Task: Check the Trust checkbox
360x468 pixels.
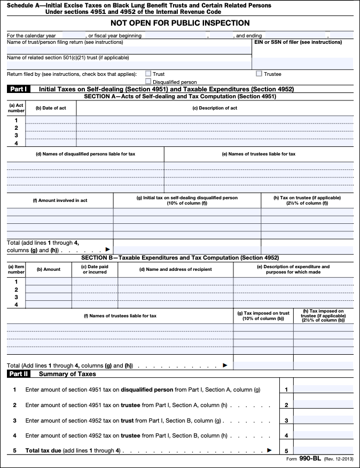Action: click(x=148, y=74)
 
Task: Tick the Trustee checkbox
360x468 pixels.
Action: click(x=259, y=74)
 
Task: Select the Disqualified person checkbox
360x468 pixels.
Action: click(x=148, y=82)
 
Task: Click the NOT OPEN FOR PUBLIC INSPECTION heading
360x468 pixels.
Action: click(x=180, y=23)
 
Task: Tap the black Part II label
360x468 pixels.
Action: click(x=19, y=374)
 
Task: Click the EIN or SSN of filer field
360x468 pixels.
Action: click(x=302, y=63)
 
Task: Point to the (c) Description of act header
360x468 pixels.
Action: click(x=215, y=108)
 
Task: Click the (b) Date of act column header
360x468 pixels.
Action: click(x=51, y=108)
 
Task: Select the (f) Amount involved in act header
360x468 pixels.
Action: click(x=60, y=200)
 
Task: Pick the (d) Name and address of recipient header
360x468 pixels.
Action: click(x=175, y=269)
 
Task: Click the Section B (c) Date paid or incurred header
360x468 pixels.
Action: click(x=95, y=269)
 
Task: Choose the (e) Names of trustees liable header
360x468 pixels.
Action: click(x=259, y=154)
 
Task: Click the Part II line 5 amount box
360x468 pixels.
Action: click(x=323, y=450)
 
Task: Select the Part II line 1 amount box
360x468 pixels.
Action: click(x=323, y=390)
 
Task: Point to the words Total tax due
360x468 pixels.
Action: click(x=43, y=450)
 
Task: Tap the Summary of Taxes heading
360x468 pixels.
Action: click(x=67, y=374)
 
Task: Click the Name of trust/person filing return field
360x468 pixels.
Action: click(x=128, y=50)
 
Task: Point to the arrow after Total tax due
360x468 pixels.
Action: click(x=269, y=450)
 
